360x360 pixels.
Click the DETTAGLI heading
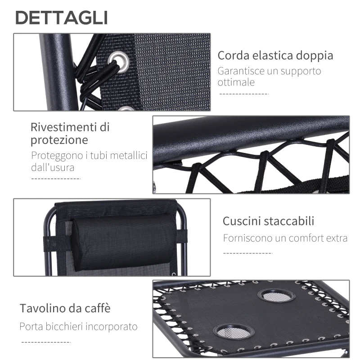point(62,18)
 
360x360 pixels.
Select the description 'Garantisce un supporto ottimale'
point(269,76)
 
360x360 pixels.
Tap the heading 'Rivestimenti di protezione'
point(70,133)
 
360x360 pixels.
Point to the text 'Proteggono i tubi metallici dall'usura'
point(89,161)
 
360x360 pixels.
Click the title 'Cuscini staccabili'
point(268,221)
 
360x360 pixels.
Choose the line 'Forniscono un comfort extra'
point(285,238)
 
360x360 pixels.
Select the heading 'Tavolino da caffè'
point(65,309)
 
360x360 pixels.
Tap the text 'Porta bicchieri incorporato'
point(78,326)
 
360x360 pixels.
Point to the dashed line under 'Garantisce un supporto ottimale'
point(243,94)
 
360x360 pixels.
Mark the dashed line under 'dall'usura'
point(56,179)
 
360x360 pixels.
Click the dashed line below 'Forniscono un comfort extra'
point(248,253)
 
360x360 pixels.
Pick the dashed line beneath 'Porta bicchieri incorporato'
point(46,342)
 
